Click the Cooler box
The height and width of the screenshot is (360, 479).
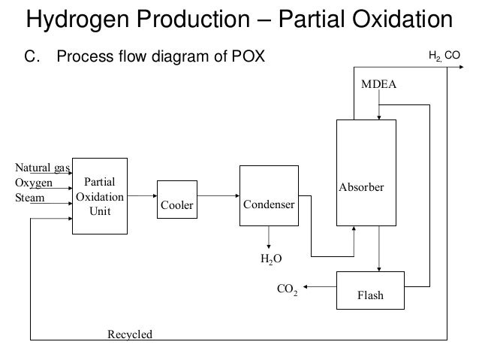point(177,199)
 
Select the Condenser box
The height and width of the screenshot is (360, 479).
point(269,195)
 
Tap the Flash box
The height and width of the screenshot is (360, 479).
point(371,290)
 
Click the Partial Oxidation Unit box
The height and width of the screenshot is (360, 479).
point(100,196)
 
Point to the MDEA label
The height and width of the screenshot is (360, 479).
point(378,84)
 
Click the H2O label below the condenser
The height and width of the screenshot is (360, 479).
point(271,259)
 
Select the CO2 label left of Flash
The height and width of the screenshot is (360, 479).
point(287,289)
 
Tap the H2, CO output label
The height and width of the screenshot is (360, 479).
point(444,56)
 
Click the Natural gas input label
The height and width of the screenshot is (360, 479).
point(43,168)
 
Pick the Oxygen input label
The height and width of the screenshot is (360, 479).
point(34,183)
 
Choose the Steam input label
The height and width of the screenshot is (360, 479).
point(29,198)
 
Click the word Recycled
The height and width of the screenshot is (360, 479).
point(130,334)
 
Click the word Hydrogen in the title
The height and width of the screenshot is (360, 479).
point(77,20)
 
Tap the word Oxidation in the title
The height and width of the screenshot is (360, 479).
point(402,19)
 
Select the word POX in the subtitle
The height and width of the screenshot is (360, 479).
point(248,56)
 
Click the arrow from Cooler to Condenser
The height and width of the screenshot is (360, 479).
point(218,195)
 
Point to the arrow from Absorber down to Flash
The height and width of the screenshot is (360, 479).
point(379,249)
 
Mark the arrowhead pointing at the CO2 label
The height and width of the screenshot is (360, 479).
point(305,286)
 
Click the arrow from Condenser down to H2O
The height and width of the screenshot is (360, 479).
point(269,237)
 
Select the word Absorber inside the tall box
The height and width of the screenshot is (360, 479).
point(361,187)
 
